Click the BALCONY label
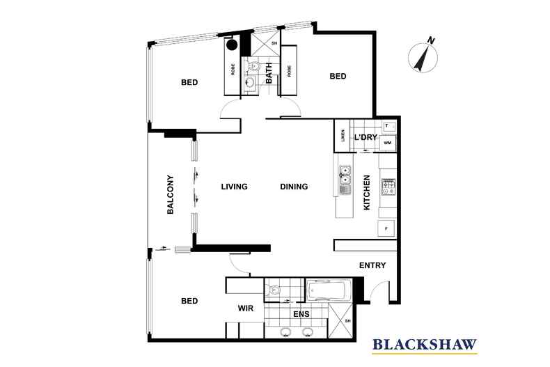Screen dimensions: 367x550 point(170,194)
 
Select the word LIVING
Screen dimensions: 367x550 point(235,187)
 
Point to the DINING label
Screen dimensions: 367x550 point(294,187)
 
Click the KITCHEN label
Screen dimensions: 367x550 point(367,193)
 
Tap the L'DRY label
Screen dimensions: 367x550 point(366,137)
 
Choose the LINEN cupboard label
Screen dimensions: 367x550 point(343,136)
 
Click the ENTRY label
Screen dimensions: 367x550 point(372,265)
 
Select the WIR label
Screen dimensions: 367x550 point(244,307)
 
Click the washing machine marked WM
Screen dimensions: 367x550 point(387,143)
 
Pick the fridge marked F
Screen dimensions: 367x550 point(386,228)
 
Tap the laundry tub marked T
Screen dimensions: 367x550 point(387,126)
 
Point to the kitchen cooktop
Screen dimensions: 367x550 point(387,186)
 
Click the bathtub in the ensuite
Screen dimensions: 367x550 point(329,289)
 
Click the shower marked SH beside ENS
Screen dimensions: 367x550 point(340,320)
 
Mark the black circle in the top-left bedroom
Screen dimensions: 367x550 point(232,45)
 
